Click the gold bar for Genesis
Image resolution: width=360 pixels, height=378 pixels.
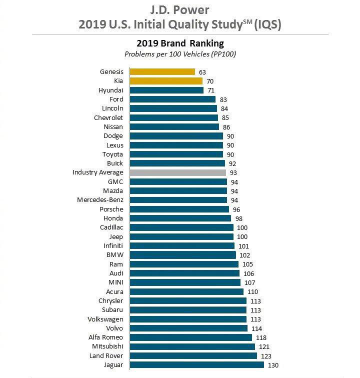[x=162, y=72]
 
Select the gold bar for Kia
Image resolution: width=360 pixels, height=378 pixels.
[x=165, y=81]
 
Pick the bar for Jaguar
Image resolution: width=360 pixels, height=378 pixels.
[x=196, y=365]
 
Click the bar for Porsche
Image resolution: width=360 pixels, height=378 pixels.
[x=179, y=209]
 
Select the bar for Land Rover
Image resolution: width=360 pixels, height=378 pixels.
[x=193, y=356]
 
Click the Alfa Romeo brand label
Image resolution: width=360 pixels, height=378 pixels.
[x=106, y=337]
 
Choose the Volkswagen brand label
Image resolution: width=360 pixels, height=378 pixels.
[x=105, y=319]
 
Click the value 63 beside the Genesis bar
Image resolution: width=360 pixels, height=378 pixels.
[x=202, y=72]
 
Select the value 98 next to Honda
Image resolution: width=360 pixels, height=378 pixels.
[x=239, y=218]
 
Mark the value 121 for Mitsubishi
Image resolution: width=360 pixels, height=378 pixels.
[x=263, y=346]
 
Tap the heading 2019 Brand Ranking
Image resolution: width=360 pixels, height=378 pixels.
[x=180, y=43]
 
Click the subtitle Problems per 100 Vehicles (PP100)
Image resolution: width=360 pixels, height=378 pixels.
[x=180, y=54]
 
